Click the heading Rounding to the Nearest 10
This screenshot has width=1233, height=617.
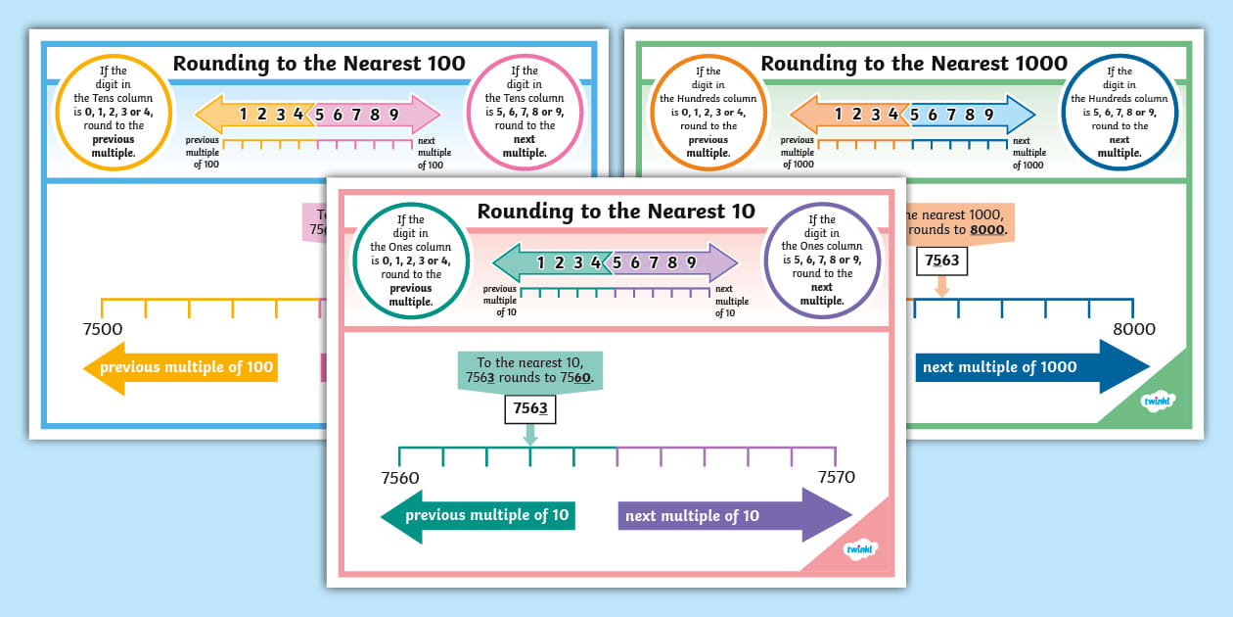click(616, 212)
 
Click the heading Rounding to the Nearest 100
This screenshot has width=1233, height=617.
click(318, 64)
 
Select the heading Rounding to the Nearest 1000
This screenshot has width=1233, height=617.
click(913, 64)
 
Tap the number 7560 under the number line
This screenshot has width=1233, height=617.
click(399, 478)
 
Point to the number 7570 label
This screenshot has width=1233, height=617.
click(836, 477)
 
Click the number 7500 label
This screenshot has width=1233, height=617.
click(103, 330)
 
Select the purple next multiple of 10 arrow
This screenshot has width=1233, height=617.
click(734, 516)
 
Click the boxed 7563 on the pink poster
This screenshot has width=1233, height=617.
click(530, 409)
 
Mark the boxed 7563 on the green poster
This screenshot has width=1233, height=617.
click(942, 261)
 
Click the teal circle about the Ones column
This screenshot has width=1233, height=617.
click(410, 261)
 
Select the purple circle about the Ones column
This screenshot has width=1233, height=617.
click(821, 261)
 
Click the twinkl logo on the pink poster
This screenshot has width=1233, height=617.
click(860, 548)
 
